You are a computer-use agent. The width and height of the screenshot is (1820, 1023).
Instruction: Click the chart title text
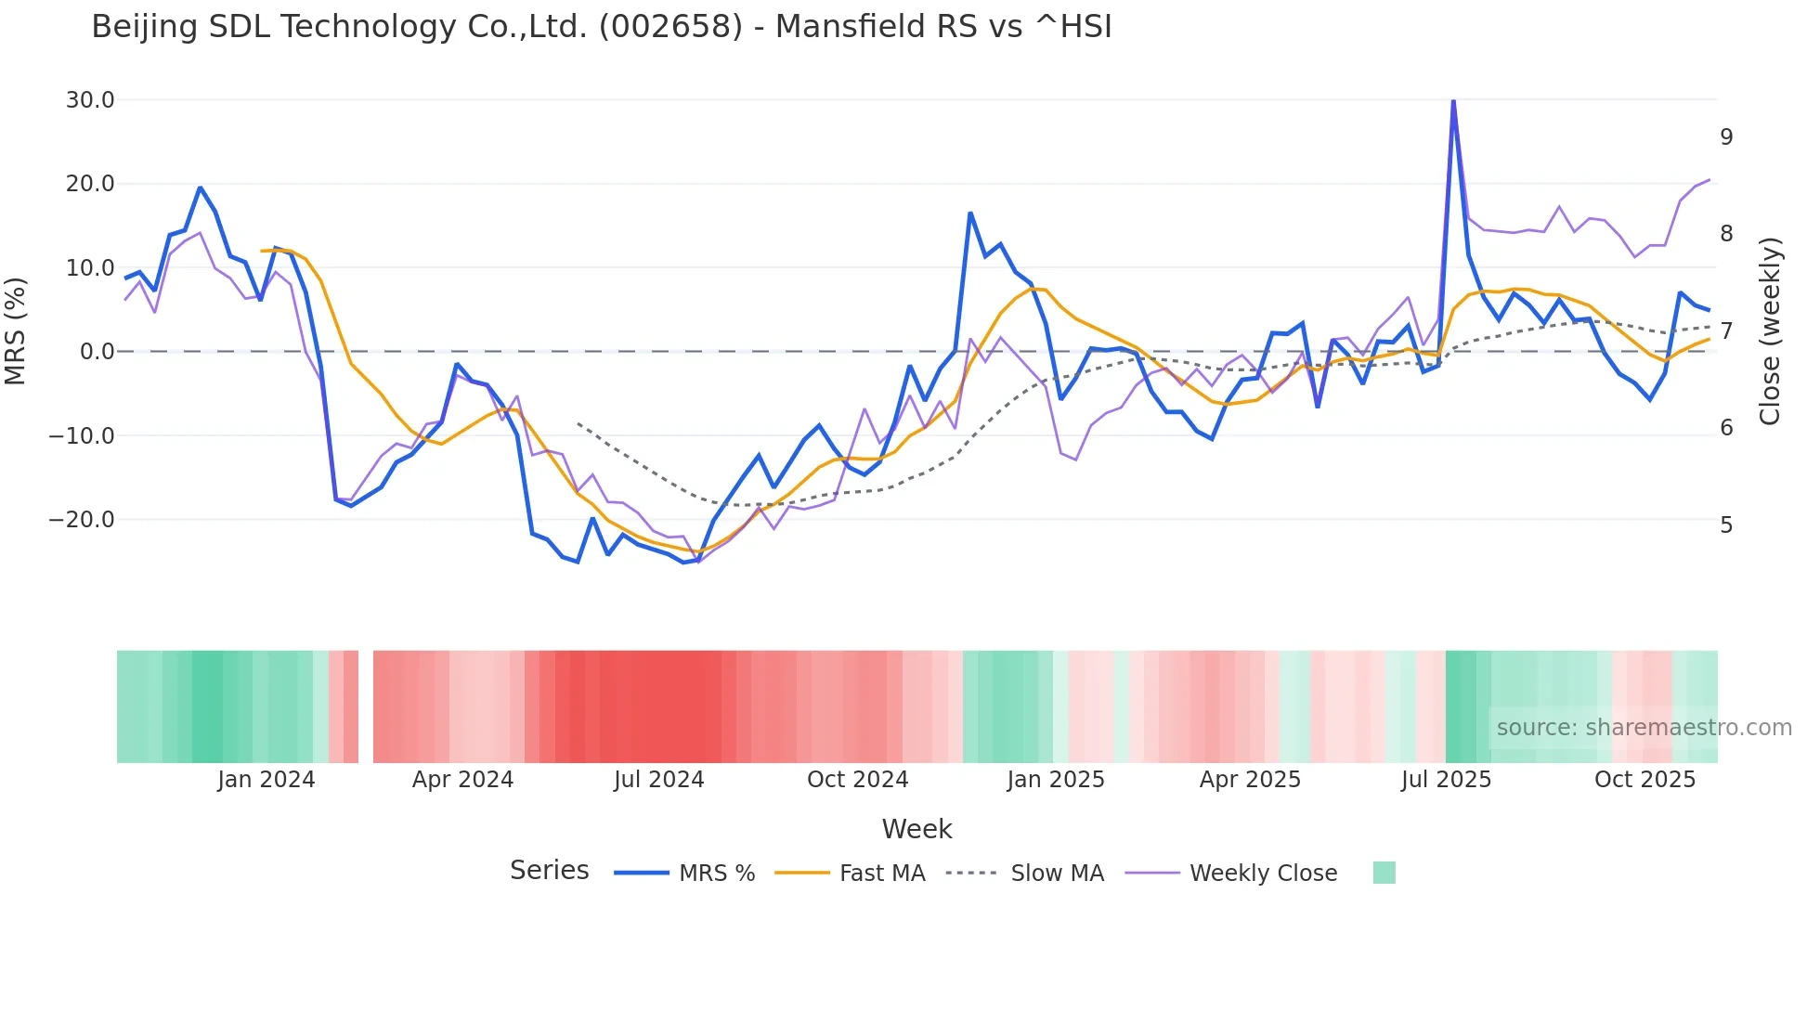pos(601,27)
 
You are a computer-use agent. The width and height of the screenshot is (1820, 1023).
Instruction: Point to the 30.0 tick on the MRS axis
pos(90,100)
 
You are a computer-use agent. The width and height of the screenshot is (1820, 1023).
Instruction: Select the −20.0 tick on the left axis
pos(82,520)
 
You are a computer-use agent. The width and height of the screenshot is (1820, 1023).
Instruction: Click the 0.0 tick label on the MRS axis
pos(97,352)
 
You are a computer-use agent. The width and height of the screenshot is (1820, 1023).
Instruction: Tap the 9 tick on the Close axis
pos(1726,137)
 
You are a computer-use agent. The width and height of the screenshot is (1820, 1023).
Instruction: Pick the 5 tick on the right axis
pos(1726,525)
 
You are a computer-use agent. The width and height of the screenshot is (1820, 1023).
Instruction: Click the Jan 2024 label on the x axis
pos(266,780)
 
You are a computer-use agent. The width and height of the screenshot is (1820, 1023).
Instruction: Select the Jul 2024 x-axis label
pos(659,780)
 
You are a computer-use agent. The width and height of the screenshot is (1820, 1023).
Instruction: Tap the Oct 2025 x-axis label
pos(1644,780)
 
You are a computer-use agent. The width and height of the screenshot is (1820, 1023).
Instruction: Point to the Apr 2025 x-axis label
pos(1250,780)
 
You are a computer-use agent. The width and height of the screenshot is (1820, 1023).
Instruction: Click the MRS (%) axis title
pos(16,330)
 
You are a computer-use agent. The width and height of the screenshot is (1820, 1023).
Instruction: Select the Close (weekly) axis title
pos(1770,330)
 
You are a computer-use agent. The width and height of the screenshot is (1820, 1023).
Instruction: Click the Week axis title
pos(916,829)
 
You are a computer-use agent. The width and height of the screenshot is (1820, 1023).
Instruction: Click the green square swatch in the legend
pos(1384,873)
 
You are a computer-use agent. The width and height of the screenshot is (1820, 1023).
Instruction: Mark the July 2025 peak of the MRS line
pos(1453,101)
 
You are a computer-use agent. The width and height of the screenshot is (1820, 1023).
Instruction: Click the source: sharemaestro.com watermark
pos(1644,728)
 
